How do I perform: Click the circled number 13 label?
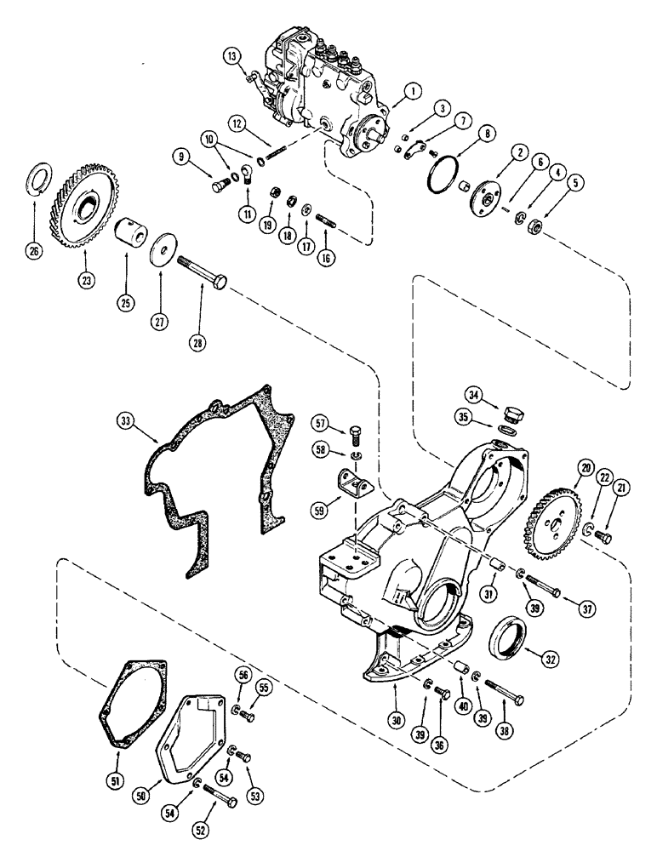coord(232,56)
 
